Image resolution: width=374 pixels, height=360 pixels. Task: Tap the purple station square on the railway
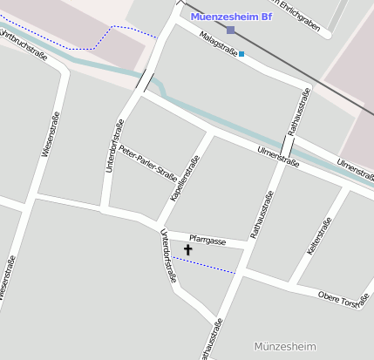click(230, 31)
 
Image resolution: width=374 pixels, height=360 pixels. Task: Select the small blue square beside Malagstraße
click(241, 54)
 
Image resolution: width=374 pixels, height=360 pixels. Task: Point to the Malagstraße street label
click(219, 44)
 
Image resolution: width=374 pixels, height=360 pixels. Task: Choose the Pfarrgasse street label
click(208, 241)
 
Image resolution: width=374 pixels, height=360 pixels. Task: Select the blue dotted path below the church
click(204, 265)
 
